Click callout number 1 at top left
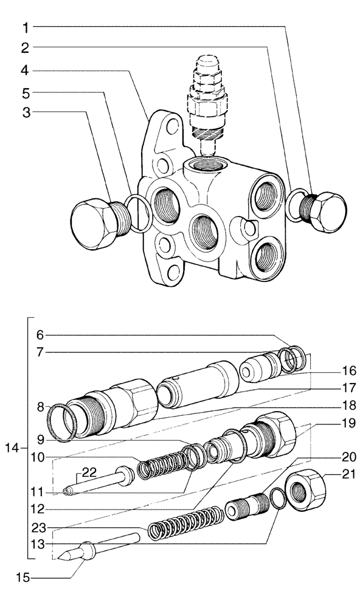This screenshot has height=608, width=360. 26,27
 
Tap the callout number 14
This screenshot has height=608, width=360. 11,449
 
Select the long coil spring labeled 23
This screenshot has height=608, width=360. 185,522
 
